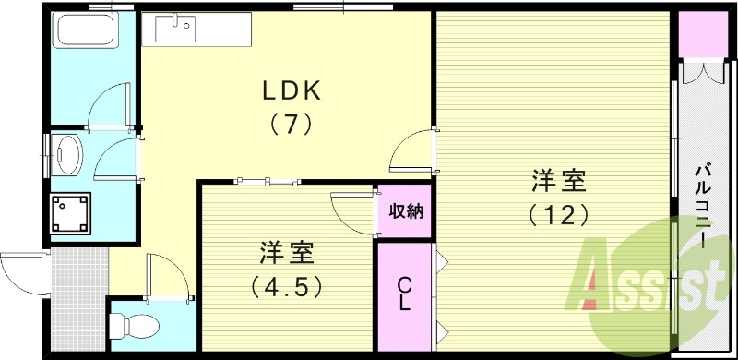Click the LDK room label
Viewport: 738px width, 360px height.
click(291, 90)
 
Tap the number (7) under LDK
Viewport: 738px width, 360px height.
click(291, 123)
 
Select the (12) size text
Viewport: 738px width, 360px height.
click(558, 214)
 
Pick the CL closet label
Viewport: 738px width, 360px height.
click(404, 294)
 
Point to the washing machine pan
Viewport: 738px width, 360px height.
click(69, 214)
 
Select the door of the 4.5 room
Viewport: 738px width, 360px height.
click(352, 210)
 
